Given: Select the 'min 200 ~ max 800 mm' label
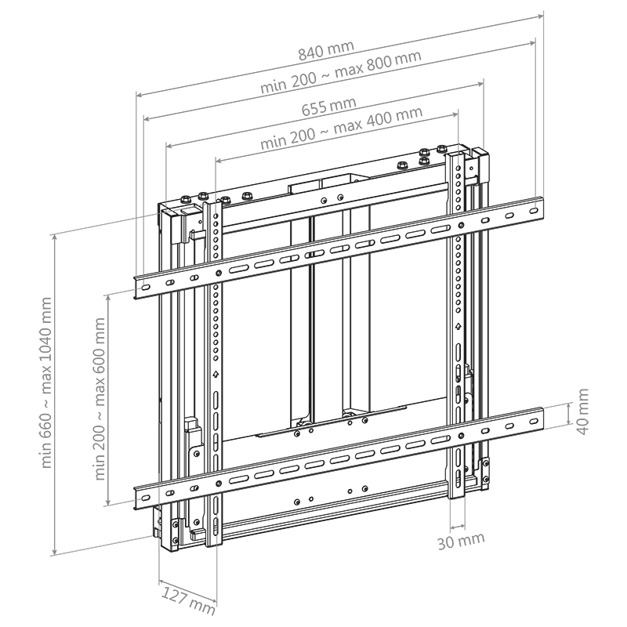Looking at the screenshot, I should [341, 72].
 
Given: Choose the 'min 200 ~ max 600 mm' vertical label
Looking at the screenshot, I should [100, 398].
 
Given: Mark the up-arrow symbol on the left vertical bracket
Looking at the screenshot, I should [214, 375].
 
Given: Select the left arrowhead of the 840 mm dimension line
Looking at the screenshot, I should [138, 94].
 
